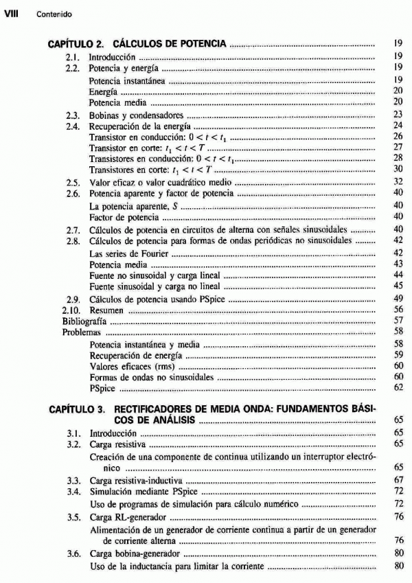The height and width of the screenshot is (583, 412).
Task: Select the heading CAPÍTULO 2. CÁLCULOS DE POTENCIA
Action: click(137, 44)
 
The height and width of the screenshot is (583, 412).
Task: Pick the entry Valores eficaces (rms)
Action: click(127, 367)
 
